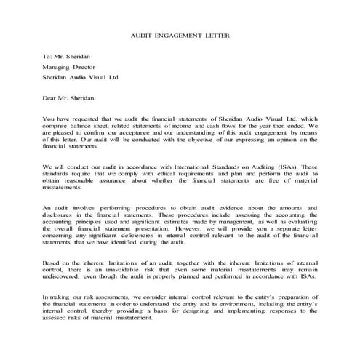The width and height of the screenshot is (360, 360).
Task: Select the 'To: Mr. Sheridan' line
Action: point(68,55)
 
